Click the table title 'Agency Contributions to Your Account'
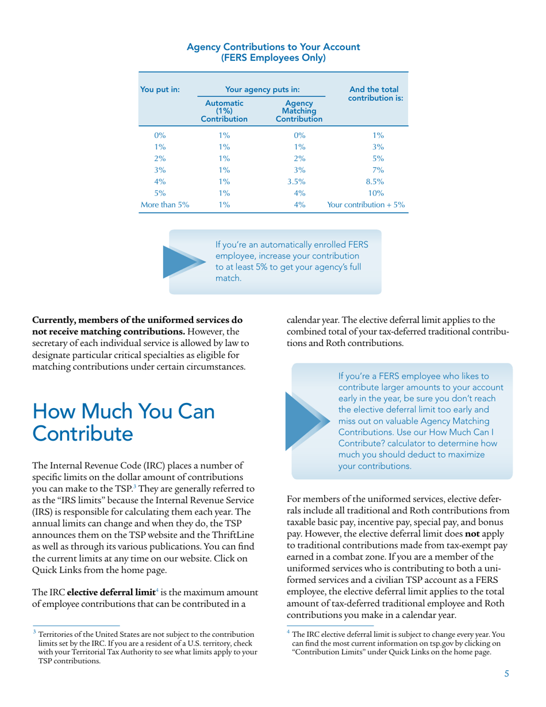click(x=274, y=47)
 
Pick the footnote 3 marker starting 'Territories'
click(x=34, y=632)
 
